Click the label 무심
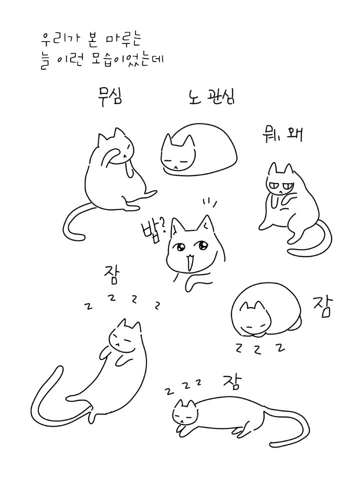[109, 96]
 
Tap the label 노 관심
[211, 96]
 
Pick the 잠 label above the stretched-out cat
[232, 381]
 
